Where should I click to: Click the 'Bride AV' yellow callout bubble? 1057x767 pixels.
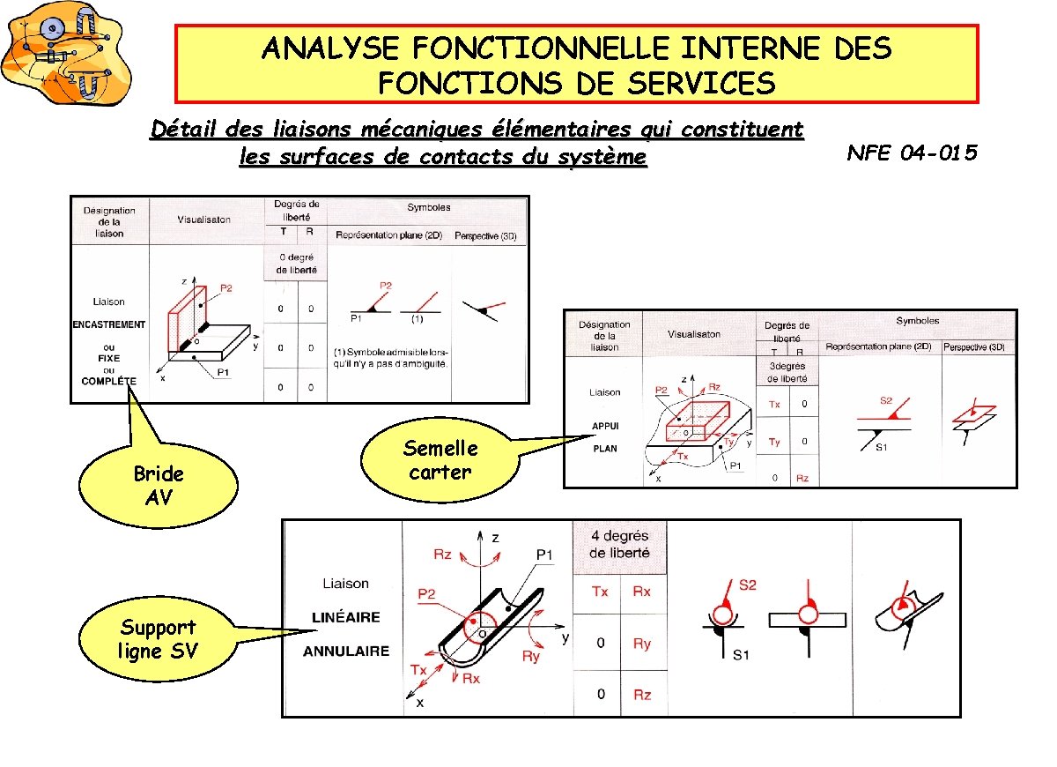[159, 486]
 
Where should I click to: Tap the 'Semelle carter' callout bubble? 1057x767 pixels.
[440, 460]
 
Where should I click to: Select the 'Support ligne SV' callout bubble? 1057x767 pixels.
[158, 639]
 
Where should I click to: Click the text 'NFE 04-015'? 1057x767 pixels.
[912, 153]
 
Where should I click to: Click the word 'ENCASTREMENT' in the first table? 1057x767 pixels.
[109, 324]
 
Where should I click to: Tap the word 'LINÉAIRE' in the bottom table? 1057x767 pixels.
[346, 617]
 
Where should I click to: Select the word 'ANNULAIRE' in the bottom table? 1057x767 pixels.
[346, 652]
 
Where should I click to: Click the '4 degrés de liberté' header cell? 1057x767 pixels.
[619, 544]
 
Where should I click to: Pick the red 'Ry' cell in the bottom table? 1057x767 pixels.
[642, 644]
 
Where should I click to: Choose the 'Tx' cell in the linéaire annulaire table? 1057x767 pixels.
[599, 592]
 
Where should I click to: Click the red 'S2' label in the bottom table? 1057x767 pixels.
[747, 585]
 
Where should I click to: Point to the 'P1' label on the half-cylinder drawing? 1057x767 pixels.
[544, 555]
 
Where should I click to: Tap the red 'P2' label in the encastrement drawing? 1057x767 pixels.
[226, 287]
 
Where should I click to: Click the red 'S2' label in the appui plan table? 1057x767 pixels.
[887, 401]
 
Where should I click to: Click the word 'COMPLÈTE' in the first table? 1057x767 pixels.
[109, 381]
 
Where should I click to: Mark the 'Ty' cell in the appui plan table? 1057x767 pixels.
[774, 442]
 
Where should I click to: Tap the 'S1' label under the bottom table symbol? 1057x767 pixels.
[741, 655]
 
